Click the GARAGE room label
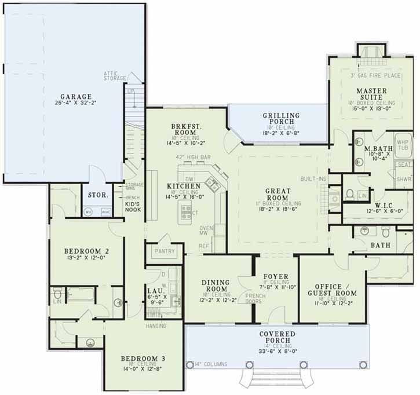(76, 97)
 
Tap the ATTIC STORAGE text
(115, 76)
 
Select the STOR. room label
(98, 195)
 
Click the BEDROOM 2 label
(87, 251)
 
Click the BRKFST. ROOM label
(185, 130)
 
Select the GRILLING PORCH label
(281, 119)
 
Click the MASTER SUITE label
(371, 94)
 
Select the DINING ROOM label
(216, 286)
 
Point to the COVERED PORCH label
(277, 338)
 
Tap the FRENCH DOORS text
(255, 299)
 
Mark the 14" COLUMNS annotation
(208, 364)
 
